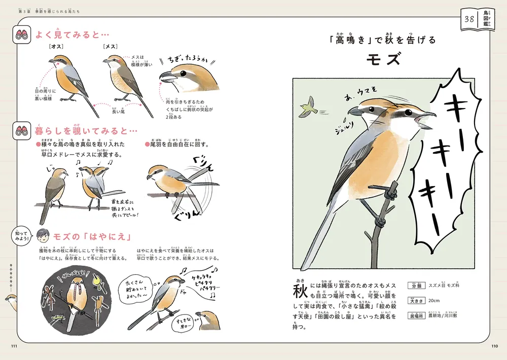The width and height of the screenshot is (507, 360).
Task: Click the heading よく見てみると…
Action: click(71, 35)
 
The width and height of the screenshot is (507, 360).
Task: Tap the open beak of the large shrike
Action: click(424, 120)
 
